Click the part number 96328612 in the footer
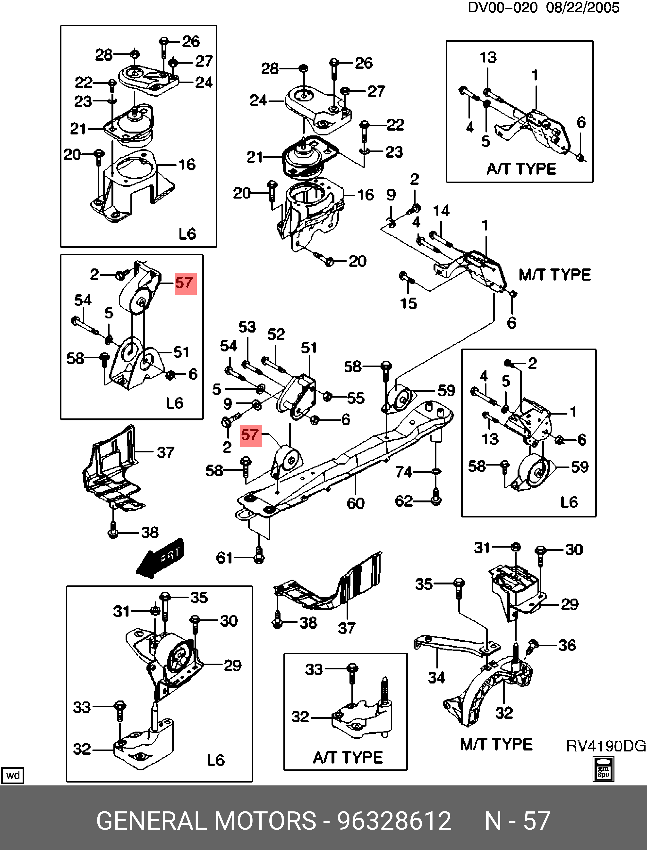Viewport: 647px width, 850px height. (x=394, y=821)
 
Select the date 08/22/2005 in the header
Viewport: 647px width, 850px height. (x=582, y=8)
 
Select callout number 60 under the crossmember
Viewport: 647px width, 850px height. (x=355, y=503)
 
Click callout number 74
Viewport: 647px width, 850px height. (x=404, y=472)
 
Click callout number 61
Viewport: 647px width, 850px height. (x=224, y=558)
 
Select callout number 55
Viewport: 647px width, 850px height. (x=356, y=398)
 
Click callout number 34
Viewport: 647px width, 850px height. (x=436, y=677)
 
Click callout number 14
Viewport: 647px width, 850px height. (x=441, y=210)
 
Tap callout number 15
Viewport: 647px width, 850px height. (x=408, y=304)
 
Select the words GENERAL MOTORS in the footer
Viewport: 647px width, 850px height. (x=206, y=821)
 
